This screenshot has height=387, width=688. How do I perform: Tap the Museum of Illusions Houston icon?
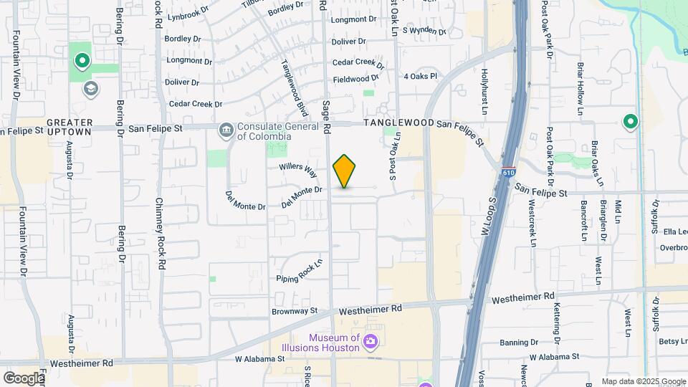click(371, 340)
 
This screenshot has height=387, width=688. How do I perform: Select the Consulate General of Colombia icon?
click(226, 130)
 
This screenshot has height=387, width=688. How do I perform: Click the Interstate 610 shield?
click(508, 174)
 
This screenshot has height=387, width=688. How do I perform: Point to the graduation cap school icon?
click(91, 88)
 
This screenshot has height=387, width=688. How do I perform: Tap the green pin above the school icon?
click(81, 62)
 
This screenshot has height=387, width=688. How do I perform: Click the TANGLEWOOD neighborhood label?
click(399, 123)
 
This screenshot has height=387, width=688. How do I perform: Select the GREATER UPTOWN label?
click(70, 128)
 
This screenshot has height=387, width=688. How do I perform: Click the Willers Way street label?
click(298, 170)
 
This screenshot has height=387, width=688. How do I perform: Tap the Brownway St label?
click(295, 311)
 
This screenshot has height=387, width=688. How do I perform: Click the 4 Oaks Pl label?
click(420, 77)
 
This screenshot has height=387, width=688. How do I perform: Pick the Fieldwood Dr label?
click(355, 79)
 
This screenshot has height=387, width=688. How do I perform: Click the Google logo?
click(24, 378)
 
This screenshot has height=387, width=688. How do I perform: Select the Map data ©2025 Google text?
click(644, 381)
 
